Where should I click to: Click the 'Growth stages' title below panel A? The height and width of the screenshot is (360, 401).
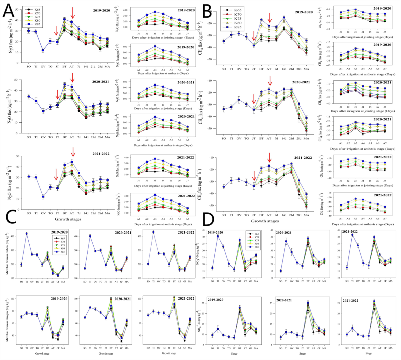(x=68, y=219)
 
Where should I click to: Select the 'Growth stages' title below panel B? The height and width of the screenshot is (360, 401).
(x=265, y=221)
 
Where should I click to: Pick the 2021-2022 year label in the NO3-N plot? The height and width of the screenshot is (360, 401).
(x=350, y=232)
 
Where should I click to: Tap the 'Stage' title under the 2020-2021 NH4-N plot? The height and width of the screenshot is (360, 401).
(x=302, y=353)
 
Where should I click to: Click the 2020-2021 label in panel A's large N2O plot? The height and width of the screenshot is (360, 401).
(x=100, y=82)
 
